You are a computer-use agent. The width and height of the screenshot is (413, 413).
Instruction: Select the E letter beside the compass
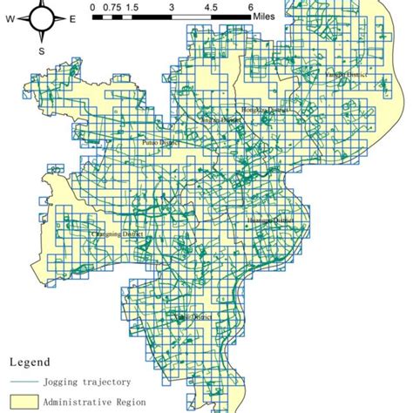click(72, 17)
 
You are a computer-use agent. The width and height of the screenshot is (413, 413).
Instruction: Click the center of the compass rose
click(41, 17)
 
